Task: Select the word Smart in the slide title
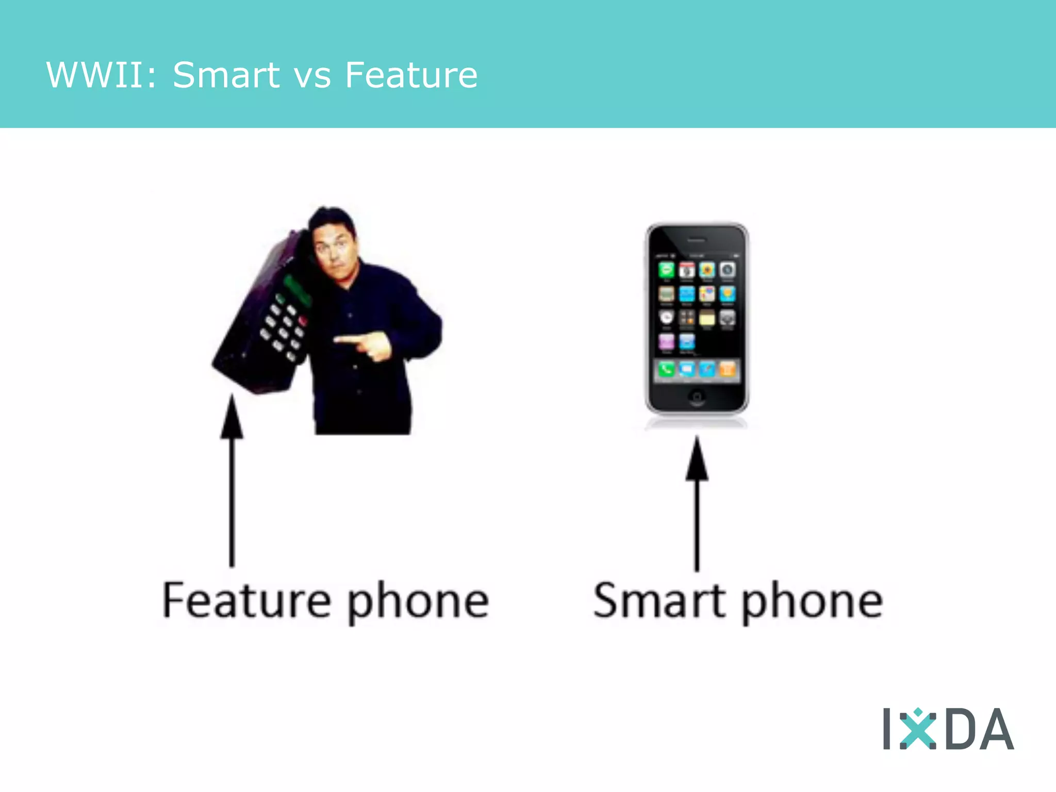click(x=226, y=75)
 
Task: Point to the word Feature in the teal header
click(x=411, y=75)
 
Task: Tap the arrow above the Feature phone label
click(x=232, y=480)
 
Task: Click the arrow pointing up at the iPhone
click(x=697, y=503)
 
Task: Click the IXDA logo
click(x=948, y=729)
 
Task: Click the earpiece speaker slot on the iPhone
click(x=697, y=240)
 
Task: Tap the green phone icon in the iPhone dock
click(x=666, y=369)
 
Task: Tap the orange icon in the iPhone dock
click(x=727, y=369)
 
